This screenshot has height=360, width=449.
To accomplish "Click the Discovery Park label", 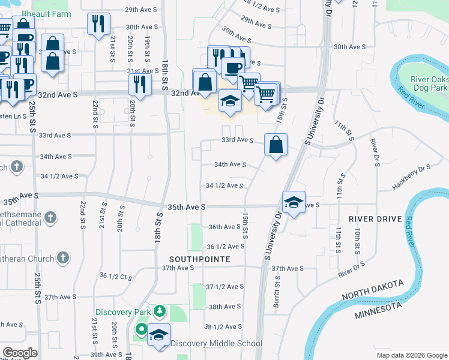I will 123,312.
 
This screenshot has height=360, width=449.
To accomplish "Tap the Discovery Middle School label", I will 217,343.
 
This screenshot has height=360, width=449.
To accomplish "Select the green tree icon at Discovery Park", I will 159,311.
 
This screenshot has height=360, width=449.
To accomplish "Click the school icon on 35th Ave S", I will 294,202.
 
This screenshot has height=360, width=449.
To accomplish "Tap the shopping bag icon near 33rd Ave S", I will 276,144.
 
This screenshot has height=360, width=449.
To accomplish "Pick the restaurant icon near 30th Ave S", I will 98,24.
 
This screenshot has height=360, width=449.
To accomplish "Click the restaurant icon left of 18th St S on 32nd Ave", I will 140,83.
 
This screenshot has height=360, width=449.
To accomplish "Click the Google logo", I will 20,353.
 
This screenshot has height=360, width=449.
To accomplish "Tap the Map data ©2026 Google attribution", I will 412,355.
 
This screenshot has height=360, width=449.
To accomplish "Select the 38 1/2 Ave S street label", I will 223,326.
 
